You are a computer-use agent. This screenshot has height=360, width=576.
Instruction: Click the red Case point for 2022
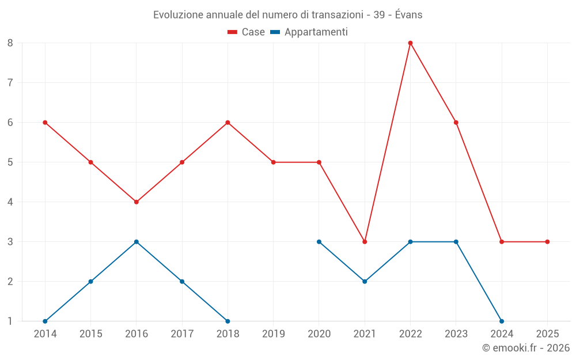coord(410,43)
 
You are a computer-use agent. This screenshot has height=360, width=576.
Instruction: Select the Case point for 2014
coord(45,122)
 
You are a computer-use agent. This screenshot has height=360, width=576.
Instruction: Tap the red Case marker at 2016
coord(137,202)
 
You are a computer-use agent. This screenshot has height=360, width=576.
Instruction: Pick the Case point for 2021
coord(365,242)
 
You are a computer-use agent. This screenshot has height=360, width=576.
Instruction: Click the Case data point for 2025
coord(547,242)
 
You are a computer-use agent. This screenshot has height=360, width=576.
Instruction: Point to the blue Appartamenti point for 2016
coord(137,242)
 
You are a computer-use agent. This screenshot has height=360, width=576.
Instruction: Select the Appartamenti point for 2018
coord(228,321)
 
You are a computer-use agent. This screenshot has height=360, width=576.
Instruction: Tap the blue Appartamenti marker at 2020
coord(319,242)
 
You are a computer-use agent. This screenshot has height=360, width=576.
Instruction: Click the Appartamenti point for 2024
coord(502,321)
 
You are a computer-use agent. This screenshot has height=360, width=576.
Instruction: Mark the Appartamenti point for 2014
coord(45,321)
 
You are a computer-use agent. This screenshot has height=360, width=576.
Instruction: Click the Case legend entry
coord(246,32)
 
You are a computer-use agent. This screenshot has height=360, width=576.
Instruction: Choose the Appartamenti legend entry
coord(309,32)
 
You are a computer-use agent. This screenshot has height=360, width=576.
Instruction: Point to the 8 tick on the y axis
coord(10,43)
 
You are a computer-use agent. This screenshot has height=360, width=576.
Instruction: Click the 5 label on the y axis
coord(10,162)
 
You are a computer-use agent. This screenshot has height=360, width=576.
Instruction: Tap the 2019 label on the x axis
coord(273,334)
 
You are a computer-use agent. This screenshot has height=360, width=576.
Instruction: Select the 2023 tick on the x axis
coord(456,334)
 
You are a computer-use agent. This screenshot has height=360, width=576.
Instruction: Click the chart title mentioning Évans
coord(287,15)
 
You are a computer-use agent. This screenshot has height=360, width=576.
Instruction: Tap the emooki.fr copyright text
coord(525,348)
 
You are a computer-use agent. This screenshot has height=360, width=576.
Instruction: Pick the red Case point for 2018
coord(228,122)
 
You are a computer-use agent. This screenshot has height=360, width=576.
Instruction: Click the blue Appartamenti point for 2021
coord(365,282)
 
